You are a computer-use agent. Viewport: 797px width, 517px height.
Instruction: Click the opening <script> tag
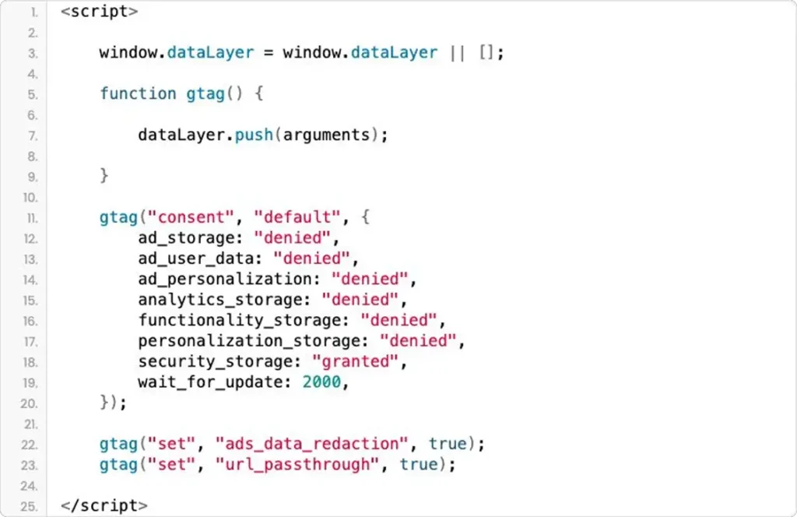click(x=99, y=11)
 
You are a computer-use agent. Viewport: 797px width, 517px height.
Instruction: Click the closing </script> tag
click(x=104, y=505)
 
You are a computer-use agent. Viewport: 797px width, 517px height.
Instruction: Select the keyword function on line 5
click(x=138, y=93)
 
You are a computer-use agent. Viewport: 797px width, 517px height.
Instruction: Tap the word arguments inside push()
click(x=326, y=135)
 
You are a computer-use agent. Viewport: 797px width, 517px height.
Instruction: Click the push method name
click(x=254, y=135)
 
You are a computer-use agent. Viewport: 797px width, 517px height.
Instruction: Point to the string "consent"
click(x=191, y=217)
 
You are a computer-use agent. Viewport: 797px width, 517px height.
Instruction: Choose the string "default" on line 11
click(x=297, y=217)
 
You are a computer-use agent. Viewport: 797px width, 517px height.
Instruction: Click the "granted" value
click(x=355, y=361)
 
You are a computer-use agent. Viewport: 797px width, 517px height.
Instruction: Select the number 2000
click(x=321, y=382)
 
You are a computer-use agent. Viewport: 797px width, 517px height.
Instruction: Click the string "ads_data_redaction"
click(x=311, y=444)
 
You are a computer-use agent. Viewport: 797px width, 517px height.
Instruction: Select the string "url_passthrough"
click(x=297, y=464)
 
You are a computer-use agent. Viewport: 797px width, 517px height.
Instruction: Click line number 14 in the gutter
click(x=30, y=280)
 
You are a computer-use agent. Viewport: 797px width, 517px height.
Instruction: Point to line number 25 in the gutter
click(x=30, y=506)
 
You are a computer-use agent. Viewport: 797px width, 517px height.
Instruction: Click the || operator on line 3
click(x=458, y=52)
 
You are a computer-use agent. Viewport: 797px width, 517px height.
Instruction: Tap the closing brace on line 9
click(x=104, y=176)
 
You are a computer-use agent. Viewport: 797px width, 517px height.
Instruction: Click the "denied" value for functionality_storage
click(x=399, y=320)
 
